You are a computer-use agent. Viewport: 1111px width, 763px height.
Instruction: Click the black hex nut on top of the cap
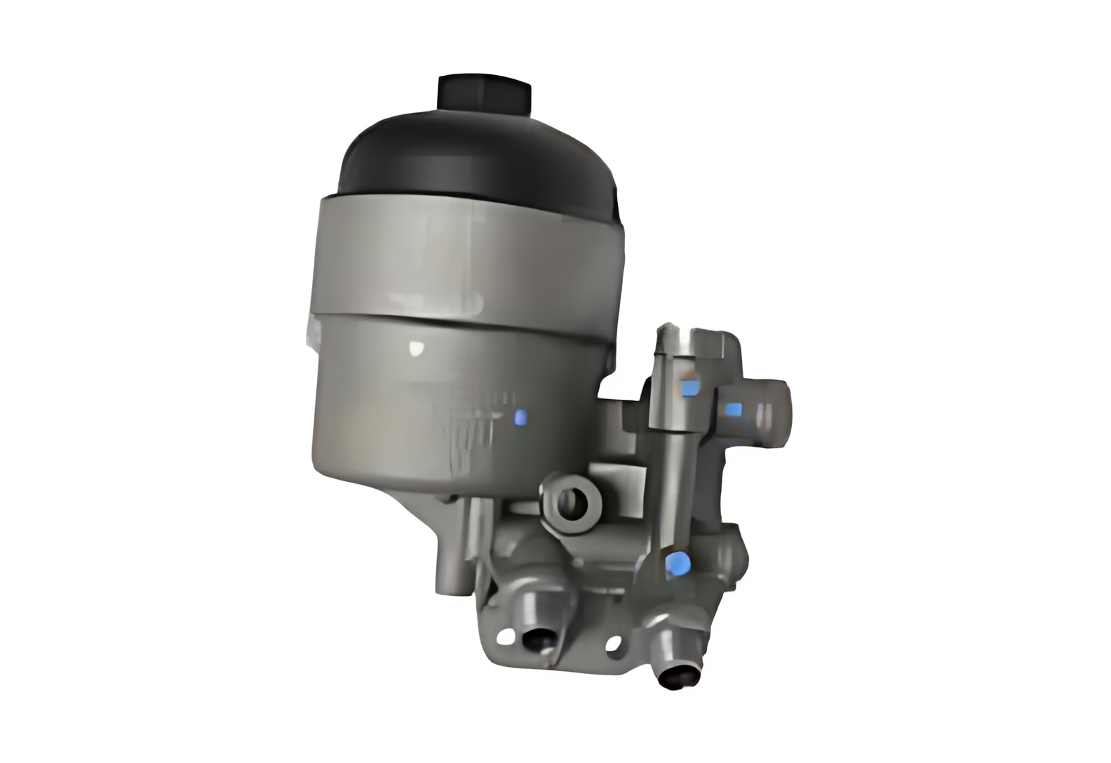point(484,93)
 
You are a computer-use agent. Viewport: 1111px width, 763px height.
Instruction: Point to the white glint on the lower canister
point(417,346)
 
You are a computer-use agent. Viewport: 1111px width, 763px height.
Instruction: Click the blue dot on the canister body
point(520,418)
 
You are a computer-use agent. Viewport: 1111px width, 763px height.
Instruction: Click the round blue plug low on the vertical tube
point(677,562)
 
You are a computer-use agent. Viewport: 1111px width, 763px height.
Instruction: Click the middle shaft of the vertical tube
point(670,484)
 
